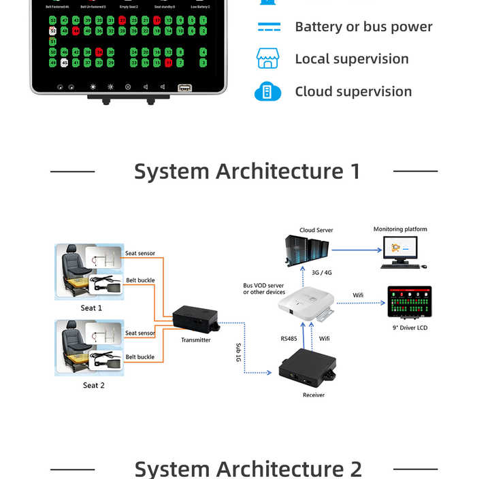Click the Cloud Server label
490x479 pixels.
coord(316,231)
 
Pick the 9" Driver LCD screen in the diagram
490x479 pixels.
coord(410,302)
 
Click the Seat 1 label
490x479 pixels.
coord(91,308)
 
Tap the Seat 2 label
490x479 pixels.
coord(94,385)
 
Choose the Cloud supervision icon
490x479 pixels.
coord(267,92)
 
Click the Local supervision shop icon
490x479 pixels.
coord(267,59)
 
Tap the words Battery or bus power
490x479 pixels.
coord(363,27)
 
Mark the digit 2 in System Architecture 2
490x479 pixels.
coord(355,469)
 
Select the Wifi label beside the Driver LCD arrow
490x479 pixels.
coord(359,295)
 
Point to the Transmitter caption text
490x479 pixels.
coord(196,340)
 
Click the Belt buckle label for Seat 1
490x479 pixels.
coord(140,280)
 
